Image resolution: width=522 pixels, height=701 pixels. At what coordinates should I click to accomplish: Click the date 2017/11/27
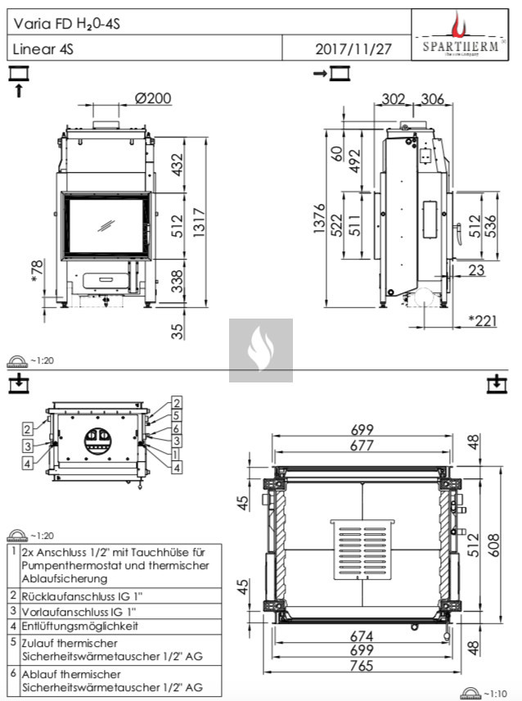[353, 49]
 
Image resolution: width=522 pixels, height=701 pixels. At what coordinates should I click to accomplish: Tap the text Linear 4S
[43, 49]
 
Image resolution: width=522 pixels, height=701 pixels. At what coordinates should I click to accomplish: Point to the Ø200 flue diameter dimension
[152, 98]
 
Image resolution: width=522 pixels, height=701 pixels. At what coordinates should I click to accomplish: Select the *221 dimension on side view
[482, 321]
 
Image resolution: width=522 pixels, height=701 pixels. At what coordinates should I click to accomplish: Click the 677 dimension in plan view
[362, 446]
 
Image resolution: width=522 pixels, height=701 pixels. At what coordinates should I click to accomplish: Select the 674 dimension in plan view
[362, 636]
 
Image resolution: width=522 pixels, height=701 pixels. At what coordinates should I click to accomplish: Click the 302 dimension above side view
[394, 99]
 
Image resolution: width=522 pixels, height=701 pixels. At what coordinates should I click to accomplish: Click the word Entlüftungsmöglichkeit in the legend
[79, 626]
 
